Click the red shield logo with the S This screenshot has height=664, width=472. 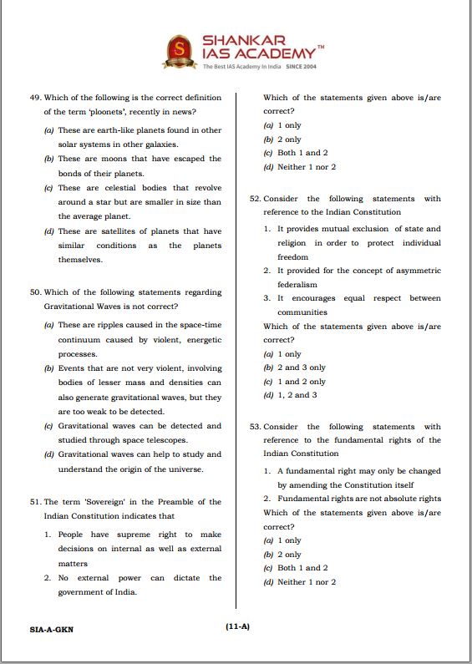coord(177,52)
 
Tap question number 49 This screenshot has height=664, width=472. coord(34,98)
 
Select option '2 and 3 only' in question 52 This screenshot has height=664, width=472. coord(302,367)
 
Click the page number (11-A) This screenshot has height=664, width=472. coord(236,627)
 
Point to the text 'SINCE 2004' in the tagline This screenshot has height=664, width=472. coord(302,66)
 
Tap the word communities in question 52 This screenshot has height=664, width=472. coord(302,312)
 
